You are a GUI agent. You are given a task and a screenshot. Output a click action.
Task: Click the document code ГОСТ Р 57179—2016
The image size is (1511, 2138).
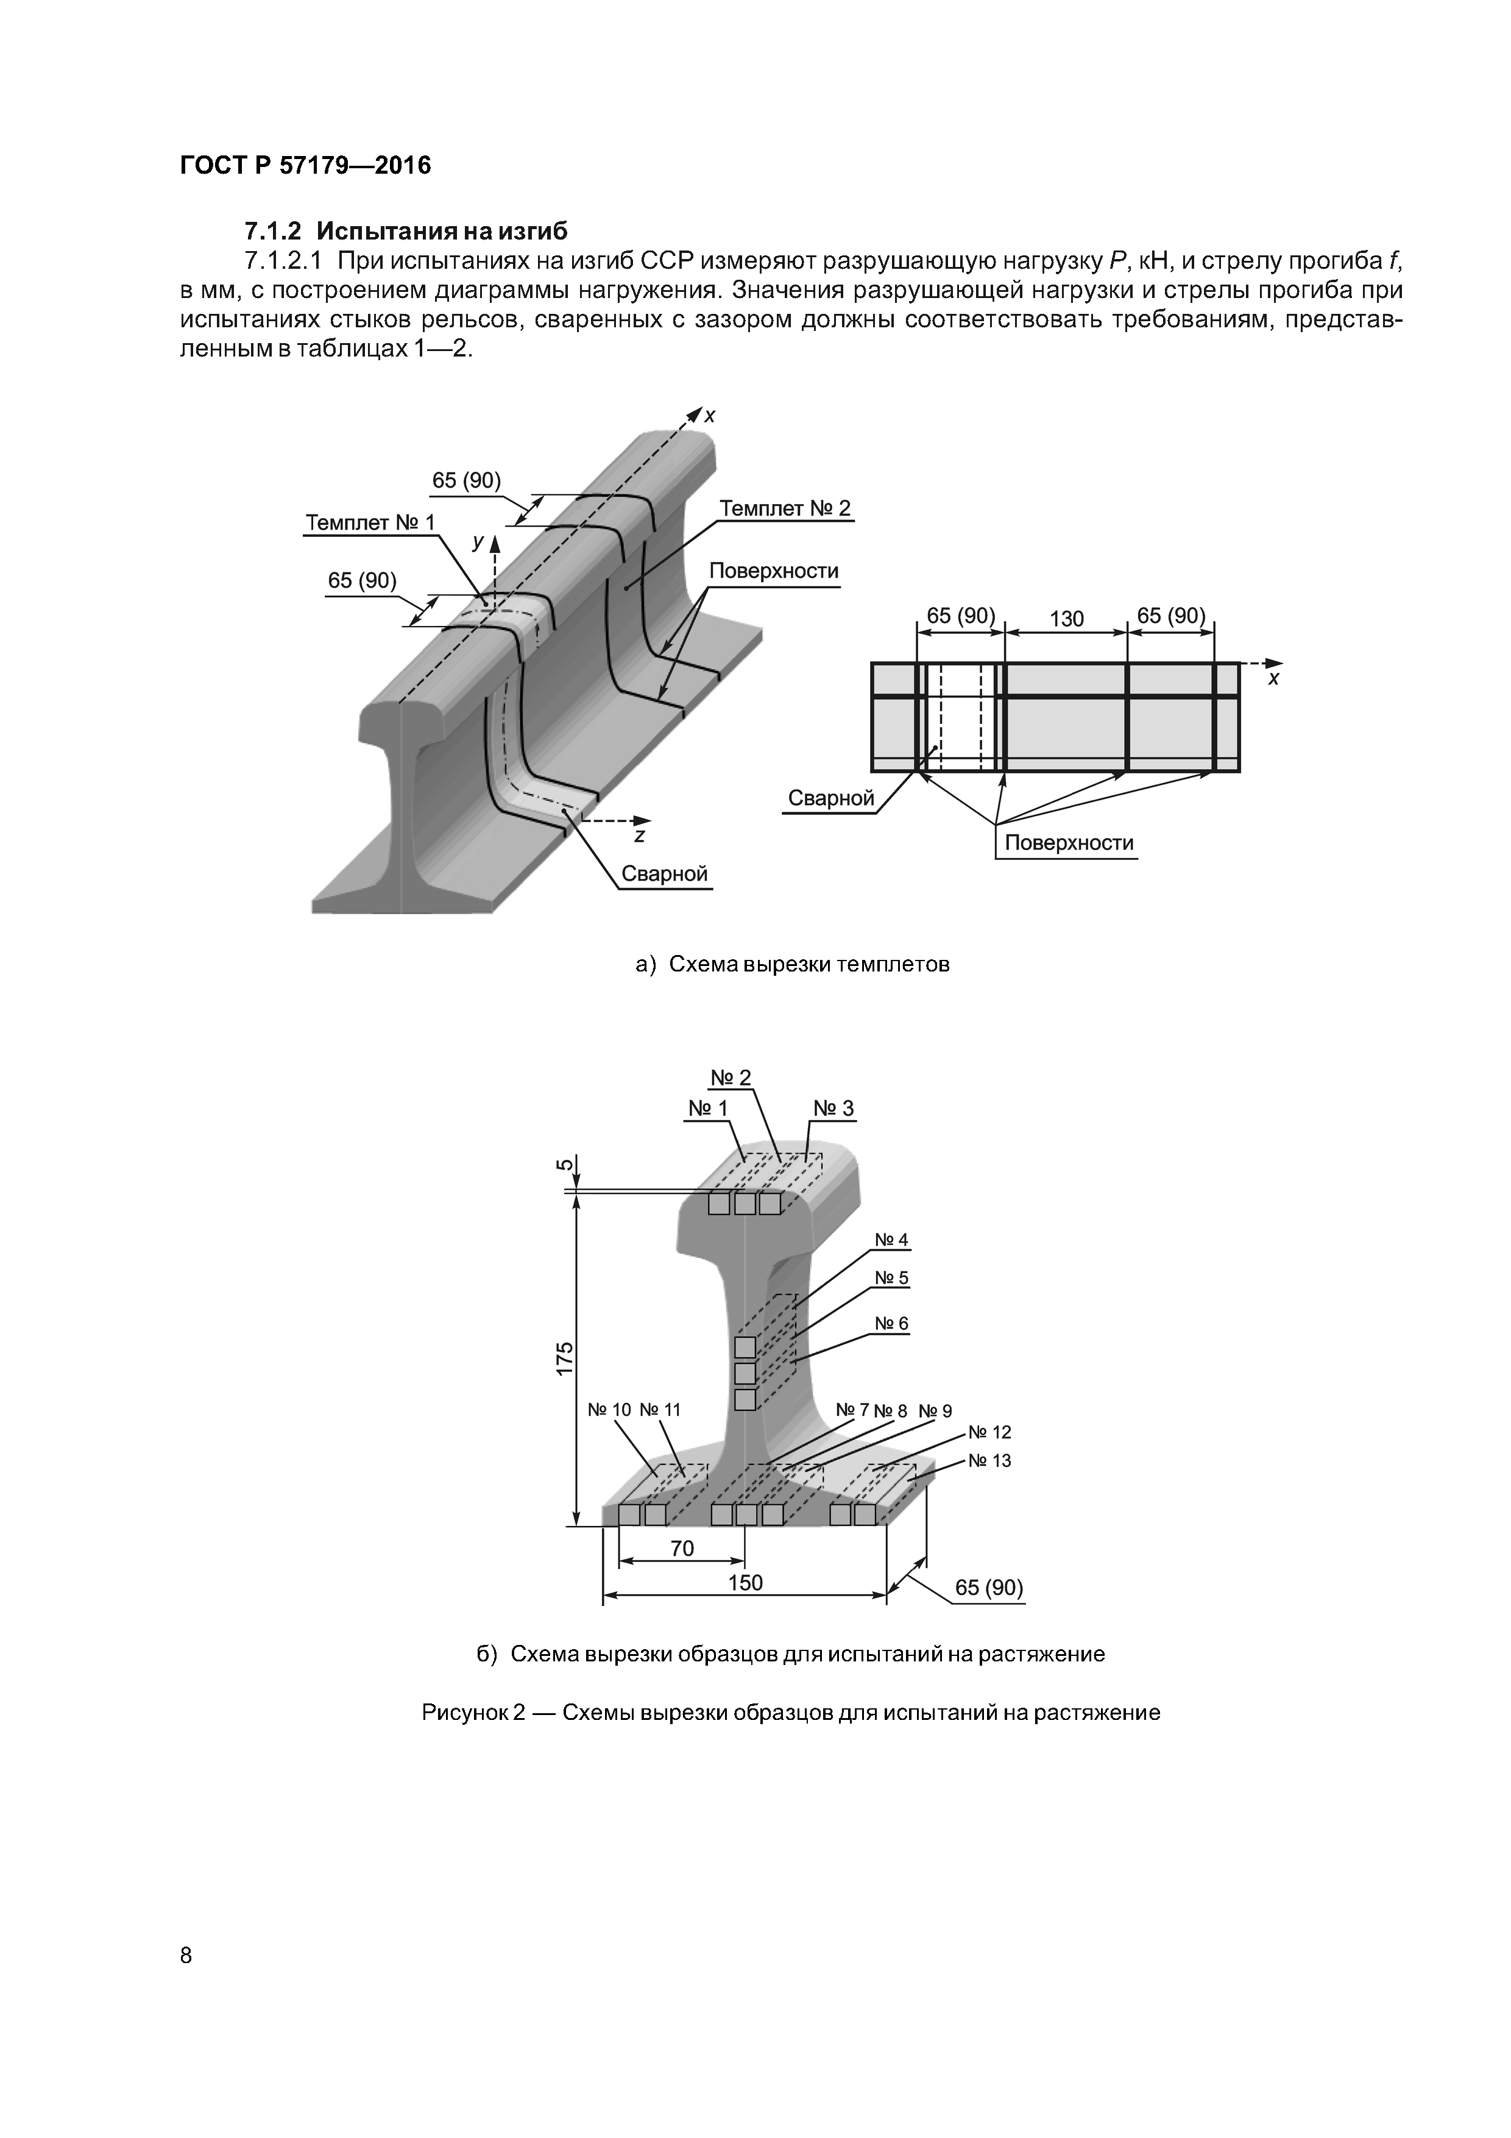coord(305,166)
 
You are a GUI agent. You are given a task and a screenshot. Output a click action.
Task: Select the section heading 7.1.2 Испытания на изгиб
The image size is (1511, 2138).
coord(405,230)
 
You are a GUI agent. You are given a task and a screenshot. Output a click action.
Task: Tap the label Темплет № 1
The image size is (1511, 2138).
coord(370,522)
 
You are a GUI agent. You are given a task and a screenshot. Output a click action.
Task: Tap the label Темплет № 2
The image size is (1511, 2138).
coord(785,508)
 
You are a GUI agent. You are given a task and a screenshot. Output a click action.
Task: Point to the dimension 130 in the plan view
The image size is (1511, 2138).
coord(1066,619)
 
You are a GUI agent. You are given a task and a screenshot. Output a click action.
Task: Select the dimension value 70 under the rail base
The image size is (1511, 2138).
coord(682,1547)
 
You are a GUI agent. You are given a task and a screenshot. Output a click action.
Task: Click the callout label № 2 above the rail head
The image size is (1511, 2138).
coord(731,1078)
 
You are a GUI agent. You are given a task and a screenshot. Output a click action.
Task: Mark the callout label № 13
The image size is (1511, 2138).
coord(989,1460)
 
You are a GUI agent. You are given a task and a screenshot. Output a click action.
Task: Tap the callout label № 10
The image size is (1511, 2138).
coord(609,1410)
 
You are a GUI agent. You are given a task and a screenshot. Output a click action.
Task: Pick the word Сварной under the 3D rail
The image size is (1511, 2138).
coord(663,873)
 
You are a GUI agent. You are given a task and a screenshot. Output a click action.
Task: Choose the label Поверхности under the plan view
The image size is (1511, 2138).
coord(1068,843)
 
